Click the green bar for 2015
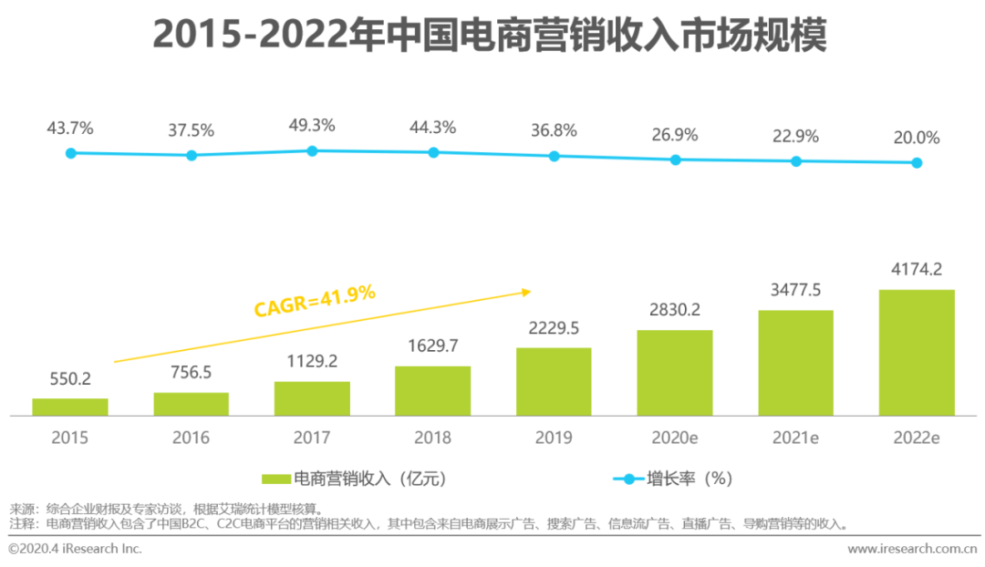[70, 407]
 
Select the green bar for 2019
[554, 381]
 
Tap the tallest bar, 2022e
[917, 352]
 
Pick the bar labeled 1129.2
[312, 398]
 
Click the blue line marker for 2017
[312, 150]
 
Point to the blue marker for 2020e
[676, 160]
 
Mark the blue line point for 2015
[70, 153]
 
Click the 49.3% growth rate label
[312, 125]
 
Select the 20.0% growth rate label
[917, 138]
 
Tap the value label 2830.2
[675, 310]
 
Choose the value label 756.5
[191, 373]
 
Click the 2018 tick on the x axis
[432, 438]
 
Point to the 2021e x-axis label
[795, 438]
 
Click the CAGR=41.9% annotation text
[315, 300]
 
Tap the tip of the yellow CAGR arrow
[529, 292]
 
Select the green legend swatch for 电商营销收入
[275, 479]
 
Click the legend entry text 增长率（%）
[690, 479]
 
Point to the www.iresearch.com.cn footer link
[912, 549]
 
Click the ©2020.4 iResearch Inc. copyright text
[75, 549]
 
